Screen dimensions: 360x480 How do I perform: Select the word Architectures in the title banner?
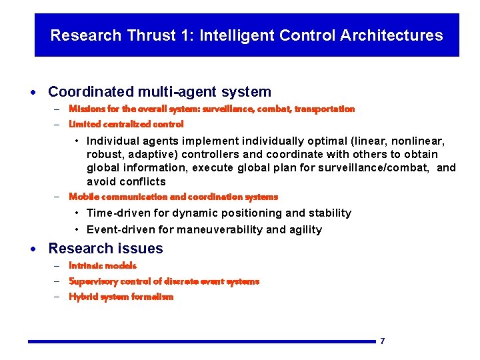tap(391, 35)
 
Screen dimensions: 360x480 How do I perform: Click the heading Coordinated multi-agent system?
tap(159, 92)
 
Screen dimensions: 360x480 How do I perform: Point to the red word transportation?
tap(325, 109)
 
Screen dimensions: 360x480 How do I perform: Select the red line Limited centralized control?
tap(126, 124)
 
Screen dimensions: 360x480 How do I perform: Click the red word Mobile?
tap(83, 197)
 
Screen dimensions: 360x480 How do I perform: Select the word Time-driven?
tap(118, 213)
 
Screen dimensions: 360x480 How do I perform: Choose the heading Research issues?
tap(105, 249)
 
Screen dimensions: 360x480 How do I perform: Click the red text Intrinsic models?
tap(103, 265)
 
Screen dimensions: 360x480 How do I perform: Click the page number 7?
tap(382, 341)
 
